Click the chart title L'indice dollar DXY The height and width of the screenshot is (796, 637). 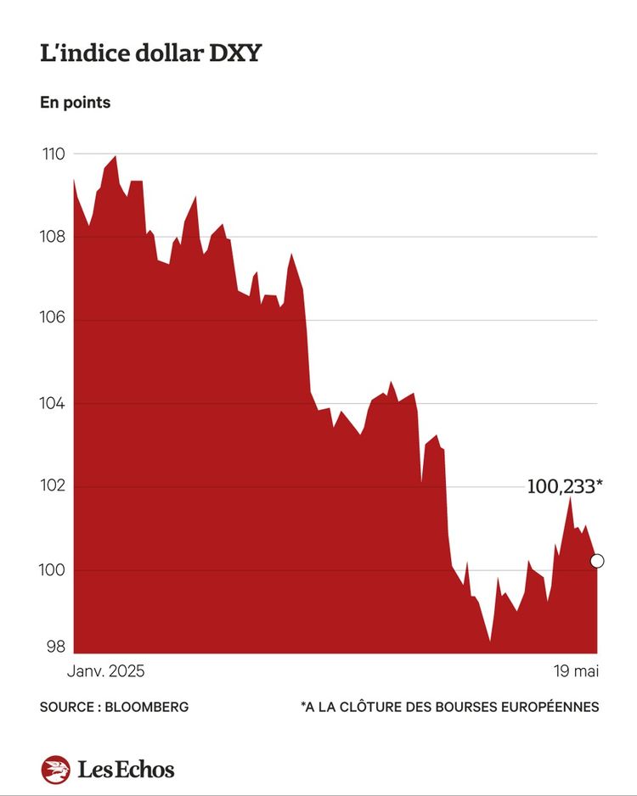coord(150,53)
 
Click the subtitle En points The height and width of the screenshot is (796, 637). coord(75,103)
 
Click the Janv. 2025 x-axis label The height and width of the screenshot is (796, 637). coord(105,671)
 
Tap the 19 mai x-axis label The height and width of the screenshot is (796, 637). coord(575,671)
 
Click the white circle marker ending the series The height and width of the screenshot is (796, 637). coord(597,561)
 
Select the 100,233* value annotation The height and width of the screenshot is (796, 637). coord(565,486)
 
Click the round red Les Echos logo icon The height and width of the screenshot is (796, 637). coord(55,770)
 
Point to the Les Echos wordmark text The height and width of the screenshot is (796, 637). coord(126,770)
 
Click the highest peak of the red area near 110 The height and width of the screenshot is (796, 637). coord(116,157)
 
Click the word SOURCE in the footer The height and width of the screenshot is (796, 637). coord(66,707)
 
